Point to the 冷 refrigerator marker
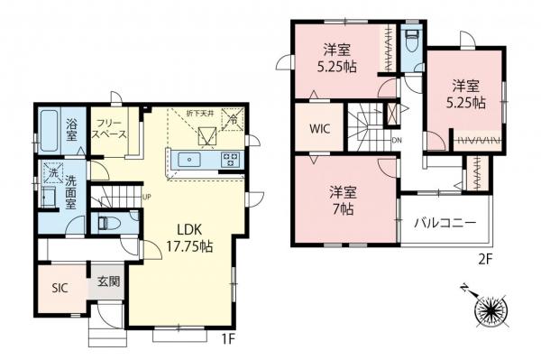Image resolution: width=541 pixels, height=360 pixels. (x=233, y=117)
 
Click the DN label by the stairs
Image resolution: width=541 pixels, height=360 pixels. (x=397, y=141)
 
